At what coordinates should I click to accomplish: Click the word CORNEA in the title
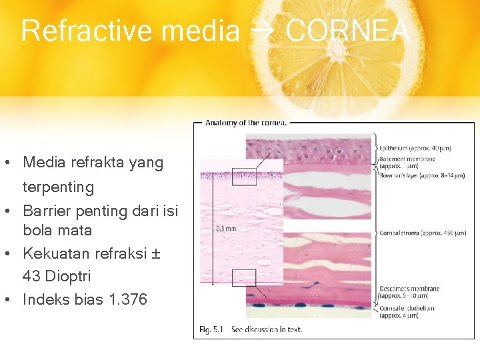point(347,31)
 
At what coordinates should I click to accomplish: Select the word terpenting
point(58,187)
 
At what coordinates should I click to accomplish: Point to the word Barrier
point(47,211)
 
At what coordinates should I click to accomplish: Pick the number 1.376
point(126,299)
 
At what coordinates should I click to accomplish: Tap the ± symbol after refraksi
point(157,253)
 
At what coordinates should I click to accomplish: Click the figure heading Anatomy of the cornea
point(246,123)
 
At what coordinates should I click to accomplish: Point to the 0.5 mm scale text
point(225,227)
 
